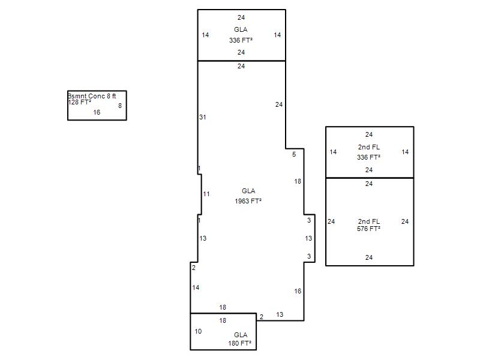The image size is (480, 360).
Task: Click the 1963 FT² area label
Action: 248,201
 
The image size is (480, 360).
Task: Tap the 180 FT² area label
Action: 240,344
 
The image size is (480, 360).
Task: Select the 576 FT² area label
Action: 369,229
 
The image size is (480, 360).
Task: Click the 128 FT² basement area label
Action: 80,103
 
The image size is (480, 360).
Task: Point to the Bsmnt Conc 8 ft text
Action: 92,96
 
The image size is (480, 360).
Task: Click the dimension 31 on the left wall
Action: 203,117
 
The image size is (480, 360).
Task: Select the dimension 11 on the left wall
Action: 206,194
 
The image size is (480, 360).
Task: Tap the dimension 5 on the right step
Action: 294,155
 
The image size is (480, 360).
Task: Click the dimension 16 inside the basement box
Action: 97,112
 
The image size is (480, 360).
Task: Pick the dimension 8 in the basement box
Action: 120,106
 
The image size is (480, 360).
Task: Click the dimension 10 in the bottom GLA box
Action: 199,331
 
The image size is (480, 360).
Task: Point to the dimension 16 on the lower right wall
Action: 298,292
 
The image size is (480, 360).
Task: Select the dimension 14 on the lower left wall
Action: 196,288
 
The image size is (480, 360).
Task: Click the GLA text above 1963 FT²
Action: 248,191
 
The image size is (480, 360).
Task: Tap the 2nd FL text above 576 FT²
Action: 369,221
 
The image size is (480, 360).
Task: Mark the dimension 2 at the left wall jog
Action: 194,268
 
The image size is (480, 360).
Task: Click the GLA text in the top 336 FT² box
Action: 241,29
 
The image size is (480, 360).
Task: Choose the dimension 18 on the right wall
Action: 298,181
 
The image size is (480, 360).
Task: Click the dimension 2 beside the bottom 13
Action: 261,316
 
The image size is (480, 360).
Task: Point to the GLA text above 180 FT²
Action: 241,335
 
